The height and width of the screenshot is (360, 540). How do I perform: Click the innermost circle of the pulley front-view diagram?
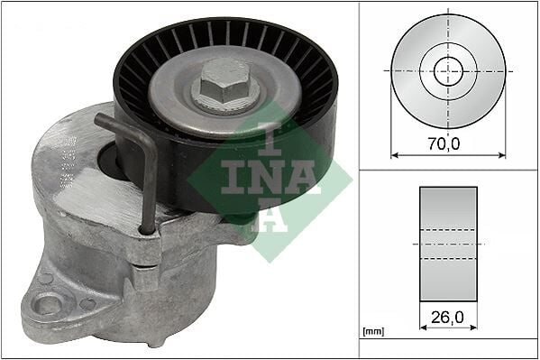click(448, 70)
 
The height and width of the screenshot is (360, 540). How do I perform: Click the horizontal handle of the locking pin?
click(117, 125)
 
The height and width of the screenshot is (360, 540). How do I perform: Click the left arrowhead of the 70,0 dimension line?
click(394, 154)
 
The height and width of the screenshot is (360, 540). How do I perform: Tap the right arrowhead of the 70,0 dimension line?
click(502, 154)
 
